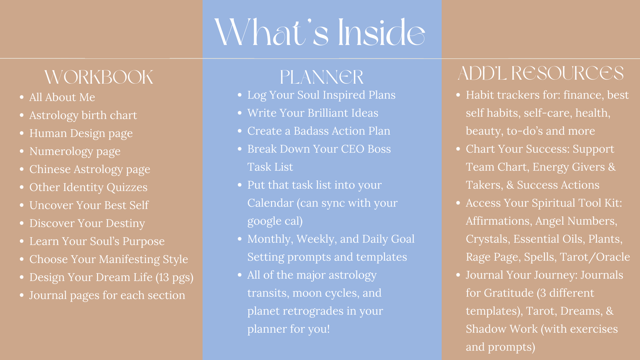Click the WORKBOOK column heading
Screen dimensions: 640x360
[x=99, y=77]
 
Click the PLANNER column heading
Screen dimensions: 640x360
[x=322, y=77]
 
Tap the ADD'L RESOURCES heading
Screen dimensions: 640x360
[x=540, y=73]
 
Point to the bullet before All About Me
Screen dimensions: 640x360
[x=22, y=98]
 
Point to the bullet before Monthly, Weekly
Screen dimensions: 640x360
[x=240, y=239]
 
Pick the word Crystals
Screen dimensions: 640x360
[x=488, y=239]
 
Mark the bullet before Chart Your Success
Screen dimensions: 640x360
[x=458, y=149]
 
